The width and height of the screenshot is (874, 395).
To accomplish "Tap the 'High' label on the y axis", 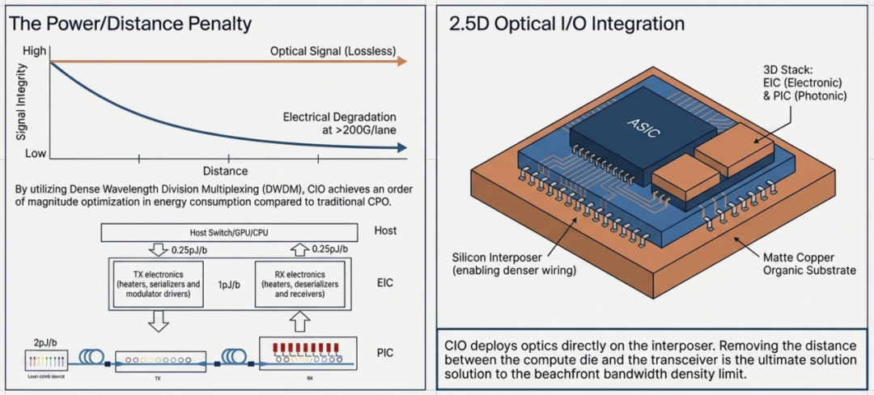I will [x=34, y=51].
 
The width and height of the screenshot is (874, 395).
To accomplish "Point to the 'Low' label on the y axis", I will [x=35, y=153].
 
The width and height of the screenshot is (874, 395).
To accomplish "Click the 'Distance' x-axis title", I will [x=225, y=171].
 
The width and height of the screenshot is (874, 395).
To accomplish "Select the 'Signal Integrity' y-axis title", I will [x=21, y=103].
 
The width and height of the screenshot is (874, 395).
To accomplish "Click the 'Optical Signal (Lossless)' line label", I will [x=333, y=52].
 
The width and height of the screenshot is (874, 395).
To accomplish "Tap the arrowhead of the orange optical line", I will [x=402, y=62].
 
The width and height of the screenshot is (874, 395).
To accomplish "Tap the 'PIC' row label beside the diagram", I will [x=386, y=353].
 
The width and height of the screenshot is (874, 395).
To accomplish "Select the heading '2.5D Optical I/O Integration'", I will [x=566, y=23].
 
